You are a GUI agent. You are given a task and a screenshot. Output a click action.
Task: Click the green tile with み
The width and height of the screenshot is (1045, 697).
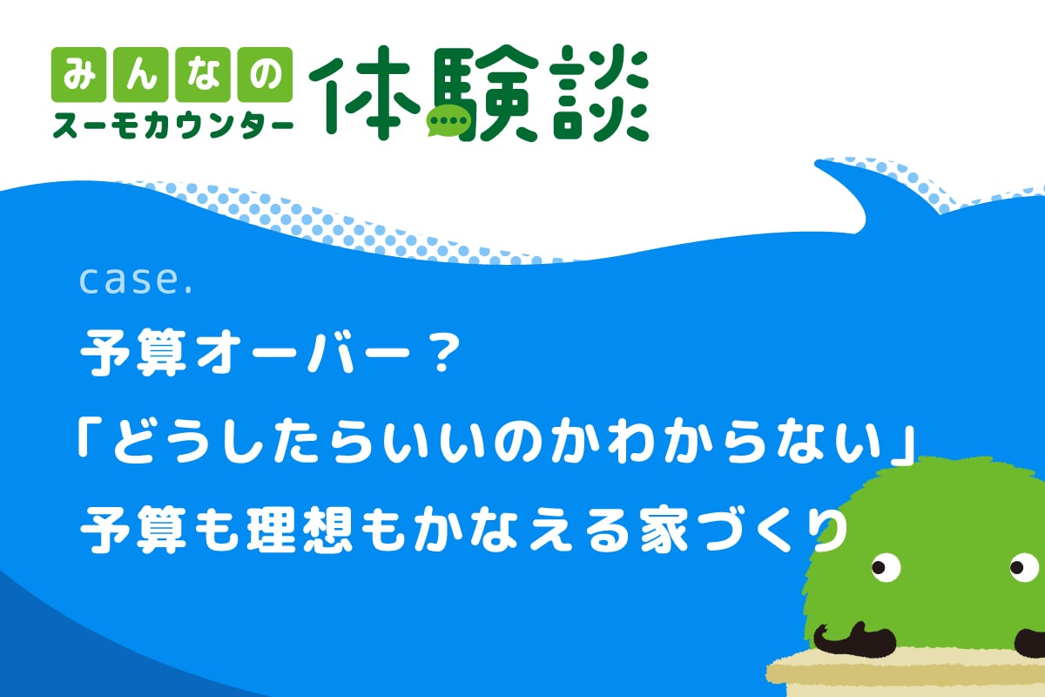(79, 75)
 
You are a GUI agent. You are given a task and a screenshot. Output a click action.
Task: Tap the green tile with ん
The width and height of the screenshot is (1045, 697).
(141, 75)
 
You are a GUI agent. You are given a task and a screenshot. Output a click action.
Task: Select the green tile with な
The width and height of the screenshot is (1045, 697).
(203, 75)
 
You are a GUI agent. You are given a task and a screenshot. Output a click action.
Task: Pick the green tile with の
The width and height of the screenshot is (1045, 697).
(265, 75)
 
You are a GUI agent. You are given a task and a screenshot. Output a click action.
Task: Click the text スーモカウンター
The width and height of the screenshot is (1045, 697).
(172, 125)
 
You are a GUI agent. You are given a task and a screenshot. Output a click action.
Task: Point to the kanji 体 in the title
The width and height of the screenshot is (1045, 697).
(364, 93)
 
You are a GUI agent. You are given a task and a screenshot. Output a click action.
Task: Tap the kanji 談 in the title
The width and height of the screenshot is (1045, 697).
(598, 93)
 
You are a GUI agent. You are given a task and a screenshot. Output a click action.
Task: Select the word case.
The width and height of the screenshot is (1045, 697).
(135, 281)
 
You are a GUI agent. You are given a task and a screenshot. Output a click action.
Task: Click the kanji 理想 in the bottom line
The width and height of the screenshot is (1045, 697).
(299, 530)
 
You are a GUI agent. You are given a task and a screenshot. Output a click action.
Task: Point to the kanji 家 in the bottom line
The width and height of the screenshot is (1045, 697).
(664, 530)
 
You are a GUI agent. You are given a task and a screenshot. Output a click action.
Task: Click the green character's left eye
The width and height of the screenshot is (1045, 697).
(886, 567)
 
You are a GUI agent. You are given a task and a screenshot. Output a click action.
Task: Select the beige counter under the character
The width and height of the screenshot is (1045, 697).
(905, 673)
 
